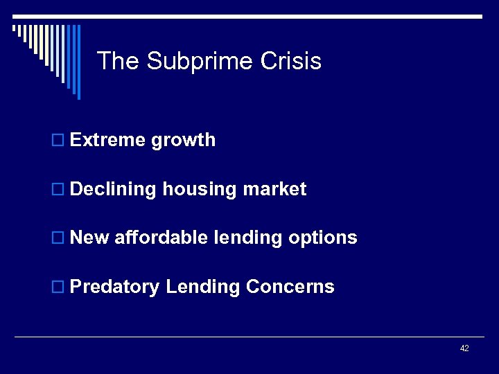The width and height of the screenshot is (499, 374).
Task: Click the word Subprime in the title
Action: tap(200, 62)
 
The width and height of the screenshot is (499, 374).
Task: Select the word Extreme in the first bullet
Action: tap(108, 140)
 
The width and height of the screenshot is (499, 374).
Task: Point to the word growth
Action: tap(184, 141)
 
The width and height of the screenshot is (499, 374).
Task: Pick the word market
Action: tap(274, 189)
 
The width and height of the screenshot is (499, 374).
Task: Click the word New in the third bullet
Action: tap(90, 238)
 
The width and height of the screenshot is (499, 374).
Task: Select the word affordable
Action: tap(161, 238)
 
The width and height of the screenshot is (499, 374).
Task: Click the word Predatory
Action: tap(115, 287)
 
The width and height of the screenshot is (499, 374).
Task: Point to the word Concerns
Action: tap(290, 287)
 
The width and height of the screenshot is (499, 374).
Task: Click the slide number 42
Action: tap(464, 348)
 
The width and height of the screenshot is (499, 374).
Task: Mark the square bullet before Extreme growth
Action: tap(59, 141)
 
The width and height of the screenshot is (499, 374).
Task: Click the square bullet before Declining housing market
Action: tap(59, 190)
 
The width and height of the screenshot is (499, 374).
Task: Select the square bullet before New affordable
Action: tap(59, 238)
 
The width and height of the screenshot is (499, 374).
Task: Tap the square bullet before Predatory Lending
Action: tap(59, 287)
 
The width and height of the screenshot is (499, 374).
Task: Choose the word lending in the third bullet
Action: tap(248, 238)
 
